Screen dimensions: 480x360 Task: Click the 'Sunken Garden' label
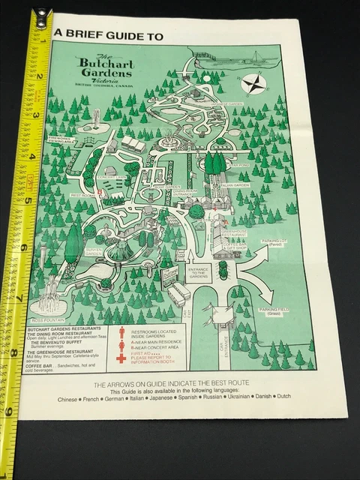(x=93, y=252)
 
